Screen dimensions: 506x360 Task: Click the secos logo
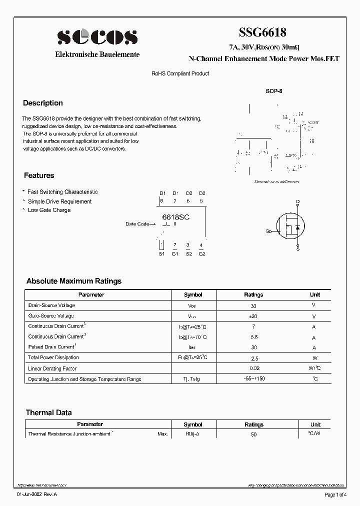point(97,37)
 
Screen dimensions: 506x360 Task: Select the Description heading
point(43,103)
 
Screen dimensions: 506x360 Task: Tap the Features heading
point(39,175)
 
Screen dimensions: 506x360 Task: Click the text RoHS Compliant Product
point(180,73)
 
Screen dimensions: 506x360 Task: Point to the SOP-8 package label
point(274,92)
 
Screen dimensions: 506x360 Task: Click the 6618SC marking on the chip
point(176,217)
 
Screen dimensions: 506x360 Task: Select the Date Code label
point(137,224)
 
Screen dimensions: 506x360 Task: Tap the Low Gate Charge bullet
point(49,210)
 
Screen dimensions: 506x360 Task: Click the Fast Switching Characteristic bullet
point(62,192)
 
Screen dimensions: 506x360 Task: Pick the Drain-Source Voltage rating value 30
point(253,305)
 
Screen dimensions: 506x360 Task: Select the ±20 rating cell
point(253,316)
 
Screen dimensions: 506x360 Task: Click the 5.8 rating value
point(253,337)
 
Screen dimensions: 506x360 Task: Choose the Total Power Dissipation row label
point(53,357)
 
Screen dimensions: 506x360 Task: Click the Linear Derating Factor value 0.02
point(253,368)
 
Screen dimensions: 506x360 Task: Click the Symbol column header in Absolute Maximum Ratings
point(193,294)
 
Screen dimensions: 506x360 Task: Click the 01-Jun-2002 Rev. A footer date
point(37,494)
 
